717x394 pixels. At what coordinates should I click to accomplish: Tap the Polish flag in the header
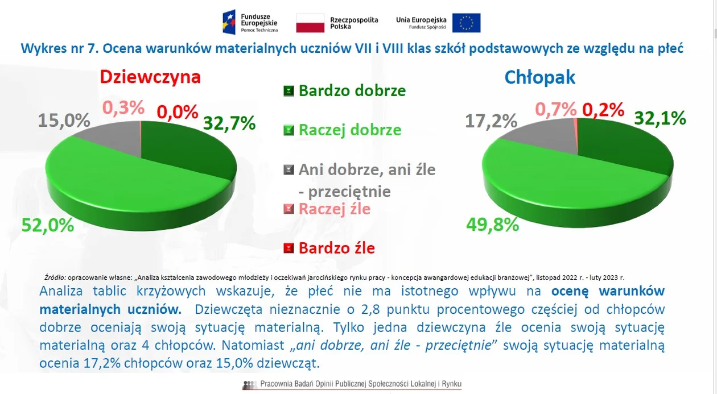[310, 23]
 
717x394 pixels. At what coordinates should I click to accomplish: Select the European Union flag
[466, 23]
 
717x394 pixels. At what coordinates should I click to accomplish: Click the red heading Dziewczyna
[150, 77]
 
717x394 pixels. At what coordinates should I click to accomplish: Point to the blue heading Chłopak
[539, 77]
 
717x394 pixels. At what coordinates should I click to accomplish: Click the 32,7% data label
[229, 123]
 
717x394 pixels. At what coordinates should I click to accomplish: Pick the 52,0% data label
[48, 225]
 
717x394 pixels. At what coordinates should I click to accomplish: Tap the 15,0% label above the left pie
[64, 121]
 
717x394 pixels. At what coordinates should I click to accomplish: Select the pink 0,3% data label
[123, 107]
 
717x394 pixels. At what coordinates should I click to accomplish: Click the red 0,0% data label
[178, 112]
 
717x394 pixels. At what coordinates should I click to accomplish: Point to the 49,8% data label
[493, 225]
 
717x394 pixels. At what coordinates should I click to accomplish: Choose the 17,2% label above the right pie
[491, 121]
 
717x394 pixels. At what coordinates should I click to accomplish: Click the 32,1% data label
[660, 118]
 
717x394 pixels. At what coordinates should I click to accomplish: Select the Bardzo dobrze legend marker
[289, 91]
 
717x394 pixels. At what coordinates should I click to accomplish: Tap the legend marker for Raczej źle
[289, 209]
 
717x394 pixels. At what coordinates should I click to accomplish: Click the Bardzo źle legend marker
[289, 248]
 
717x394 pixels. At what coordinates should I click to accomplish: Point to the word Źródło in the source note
[55, 277]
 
